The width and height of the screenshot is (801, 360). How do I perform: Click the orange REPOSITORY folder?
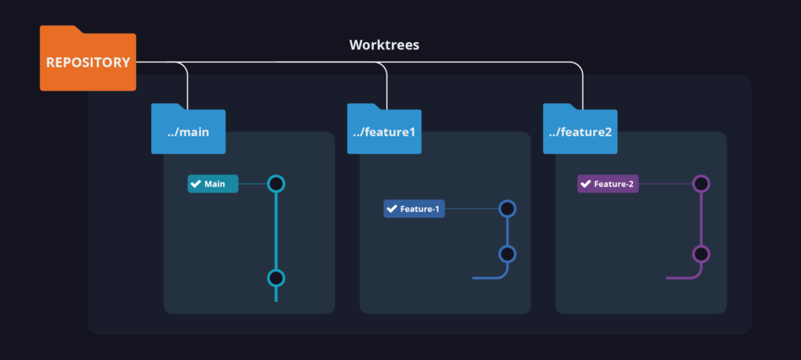coord(88,61)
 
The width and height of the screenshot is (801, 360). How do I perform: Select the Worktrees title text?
coord(383,45)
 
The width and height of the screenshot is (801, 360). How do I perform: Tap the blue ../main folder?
coord(189,131)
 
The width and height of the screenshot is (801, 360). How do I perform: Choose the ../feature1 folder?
coord(384,131)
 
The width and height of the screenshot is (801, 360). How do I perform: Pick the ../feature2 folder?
coord(580,131)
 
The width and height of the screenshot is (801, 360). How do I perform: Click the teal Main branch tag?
coord(213,184)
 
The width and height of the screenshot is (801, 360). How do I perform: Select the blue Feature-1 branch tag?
coord(414,209)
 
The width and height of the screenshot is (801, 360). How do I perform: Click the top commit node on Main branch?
coord(275,184)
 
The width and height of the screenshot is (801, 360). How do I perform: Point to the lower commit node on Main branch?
coord(275,278)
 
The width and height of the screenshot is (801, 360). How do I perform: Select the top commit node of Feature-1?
coord(507,209)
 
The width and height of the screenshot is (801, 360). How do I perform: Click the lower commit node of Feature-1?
coord(507,254)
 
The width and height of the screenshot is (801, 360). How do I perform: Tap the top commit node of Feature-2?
coord(701,184)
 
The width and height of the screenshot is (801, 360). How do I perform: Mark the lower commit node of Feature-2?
coord(701,254)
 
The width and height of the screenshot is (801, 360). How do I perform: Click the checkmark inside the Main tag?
coord(196,184)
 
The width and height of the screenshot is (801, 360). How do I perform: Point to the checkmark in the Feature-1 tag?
coord(392,209)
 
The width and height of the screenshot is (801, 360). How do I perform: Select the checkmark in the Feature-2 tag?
coord(585,184)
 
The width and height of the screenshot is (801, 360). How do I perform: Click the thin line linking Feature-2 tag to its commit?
coord(666,184)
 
